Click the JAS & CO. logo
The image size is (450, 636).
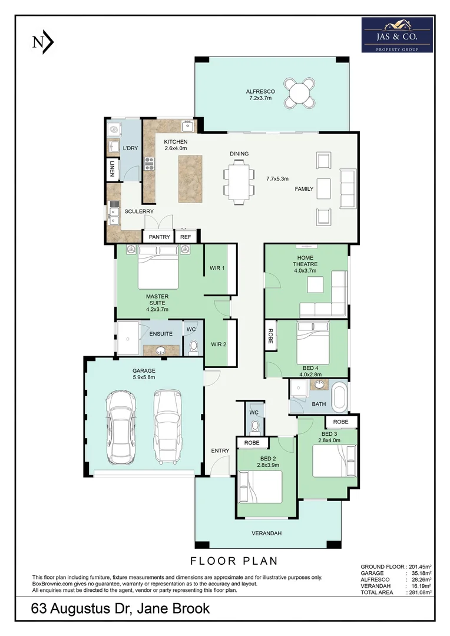click(x=397, y=35)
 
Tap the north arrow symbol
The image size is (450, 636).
click(x=43, y=42)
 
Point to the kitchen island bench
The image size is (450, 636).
click(x=190, y=175)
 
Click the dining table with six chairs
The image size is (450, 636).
click(x=239, y=183)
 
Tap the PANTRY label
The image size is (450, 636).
click(x=159, y=237)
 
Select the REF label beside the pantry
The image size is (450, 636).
click(x=186, y=237)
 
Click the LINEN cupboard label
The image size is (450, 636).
click(x=111, y=169)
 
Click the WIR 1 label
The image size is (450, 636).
click(x=217, y=268)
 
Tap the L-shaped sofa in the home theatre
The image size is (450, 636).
click(x=327, y=297)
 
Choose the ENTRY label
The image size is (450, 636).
click(x=220, y=450)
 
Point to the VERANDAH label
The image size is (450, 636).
click(x=267, y=534)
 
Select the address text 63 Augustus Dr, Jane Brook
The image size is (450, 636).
click(x=120, y=609)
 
